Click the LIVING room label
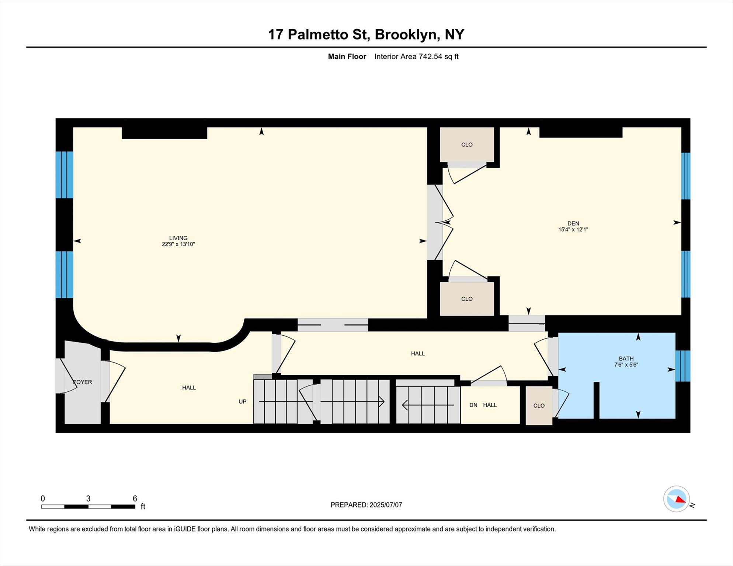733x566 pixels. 178,238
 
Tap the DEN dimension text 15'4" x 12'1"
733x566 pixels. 573,230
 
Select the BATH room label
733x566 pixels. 626,359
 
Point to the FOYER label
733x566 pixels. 83,382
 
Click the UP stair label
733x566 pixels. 242,402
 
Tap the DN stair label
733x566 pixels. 473,405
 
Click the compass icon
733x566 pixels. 677,499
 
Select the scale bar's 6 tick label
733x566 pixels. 135,499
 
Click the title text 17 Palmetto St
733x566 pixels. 318,35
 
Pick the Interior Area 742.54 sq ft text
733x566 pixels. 416,56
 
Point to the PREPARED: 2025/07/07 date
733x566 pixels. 366,505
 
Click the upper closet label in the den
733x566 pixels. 467,144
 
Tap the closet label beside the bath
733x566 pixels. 539,406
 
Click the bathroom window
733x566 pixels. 682,366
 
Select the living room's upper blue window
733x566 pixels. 64,175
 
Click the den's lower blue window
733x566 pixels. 685,274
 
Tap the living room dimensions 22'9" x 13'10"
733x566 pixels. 178,244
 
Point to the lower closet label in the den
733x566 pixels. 467,299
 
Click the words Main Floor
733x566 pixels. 347,56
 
